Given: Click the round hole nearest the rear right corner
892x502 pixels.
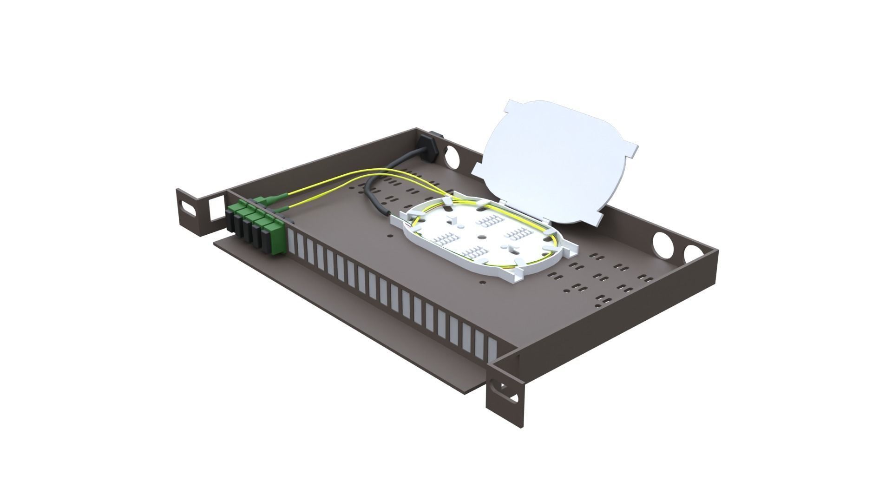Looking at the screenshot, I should coord(693,254).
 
